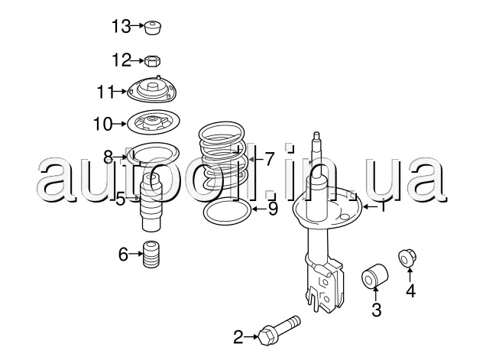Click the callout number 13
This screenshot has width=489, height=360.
[121, 26]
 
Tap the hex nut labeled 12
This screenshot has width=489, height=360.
[153, 60]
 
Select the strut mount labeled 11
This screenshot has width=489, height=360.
[152, 90]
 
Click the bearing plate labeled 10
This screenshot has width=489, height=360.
[154, 122]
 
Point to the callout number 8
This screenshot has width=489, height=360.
[108, 157]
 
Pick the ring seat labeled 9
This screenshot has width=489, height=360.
[228, 212]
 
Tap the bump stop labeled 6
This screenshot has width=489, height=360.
[151, 255]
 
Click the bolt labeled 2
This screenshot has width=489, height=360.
[279, 330]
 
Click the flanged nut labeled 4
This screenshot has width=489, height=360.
[407, 258]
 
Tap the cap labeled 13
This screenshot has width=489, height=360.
[153, 28]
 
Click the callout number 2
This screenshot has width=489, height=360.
[238, 337]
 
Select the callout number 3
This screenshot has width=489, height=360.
[377, 310]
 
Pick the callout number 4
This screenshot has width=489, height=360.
[411, 291]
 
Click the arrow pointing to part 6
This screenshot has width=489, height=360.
[136, 254]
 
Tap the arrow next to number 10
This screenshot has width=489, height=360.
[119, 124]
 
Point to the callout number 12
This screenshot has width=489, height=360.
[121, 60]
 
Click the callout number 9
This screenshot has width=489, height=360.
[273, 209]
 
